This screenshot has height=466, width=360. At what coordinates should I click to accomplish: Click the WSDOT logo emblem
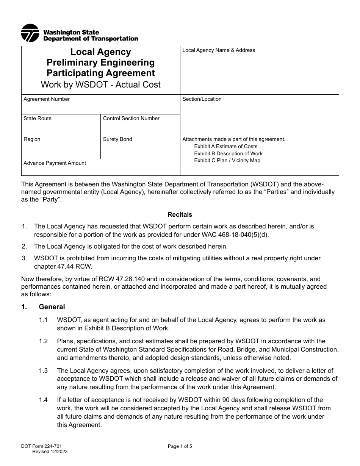30,33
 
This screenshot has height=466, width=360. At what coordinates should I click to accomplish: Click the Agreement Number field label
47,99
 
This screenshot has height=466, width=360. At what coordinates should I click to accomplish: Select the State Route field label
38,119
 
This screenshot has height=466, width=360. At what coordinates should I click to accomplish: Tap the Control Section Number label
131,119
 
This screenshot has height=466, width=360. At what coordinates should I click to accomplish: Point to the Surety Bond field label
117,139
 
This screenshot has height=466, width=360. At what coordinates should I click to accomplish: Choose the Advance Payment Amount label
55,163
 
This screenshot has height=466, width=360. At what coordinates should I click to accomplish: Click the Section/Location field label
202,99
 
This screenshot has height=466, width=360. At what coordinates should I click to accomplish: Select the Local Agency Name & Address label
219,50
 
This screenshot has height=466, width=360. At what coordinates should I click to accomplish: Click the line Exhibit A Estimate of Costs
225,147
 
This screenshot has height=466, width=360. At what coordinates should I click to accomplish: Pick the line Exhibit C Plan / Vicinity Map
227,161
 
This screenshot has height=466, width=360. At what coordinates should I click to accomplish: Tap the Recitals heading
180,215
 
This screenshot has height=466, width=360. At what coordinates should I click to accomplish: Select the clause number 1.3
43,371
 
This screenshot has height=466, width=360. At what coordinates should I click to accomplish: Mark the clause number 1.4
43,400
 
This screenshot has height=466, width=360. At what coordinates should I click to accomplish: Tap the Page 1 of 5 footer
180,446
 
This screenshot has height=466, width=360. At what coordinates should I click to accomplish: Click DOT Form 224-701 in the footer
41,446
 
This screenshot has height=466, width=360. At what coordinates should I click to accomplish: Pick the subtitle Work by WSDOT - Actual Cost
100,85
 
